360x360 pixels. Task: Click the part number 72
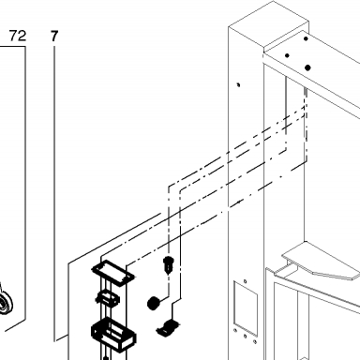(x=18, y=36)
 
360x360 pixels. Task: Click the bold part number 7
(x=54, y=37)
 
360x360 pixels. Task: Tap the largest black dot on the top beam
(x=307, y=67)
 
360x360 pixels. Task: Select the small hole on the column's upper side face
(x=239, y=84)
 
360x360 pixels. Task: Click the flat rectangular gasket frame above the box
(x=113, y=273)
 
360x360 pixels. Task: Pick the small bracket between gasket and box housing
(x=108, y=298)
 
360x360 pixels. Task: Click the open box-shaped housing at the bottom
(x=113, y=334)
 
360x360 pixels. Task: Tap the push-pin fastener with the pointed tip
(x=169, y=264)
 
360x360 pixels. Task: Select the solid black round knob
(x=153, y=303)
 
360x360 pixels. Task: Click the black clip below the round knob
(x=168, y=328)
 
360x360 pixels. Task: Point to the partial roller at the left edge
(x=6, y=302)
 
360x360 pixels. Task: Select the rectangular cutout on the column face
(x=246, y=307)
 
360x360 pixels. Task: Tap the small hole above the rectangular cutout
(x=245, y=281)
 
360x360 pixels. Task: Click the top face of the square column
(x=269, y=24)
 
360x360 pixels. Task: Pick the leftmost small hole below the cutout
(x=235, y=330)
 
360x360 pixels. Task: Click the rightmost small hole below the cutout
(x=255, y=341)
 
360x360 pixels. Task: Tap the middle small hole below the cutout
(x=246, y=337)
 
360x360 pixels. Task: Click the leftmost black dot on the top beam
(x=287, y=55)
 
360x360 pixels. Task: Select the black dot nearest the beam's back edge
(x=306, y=38)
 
